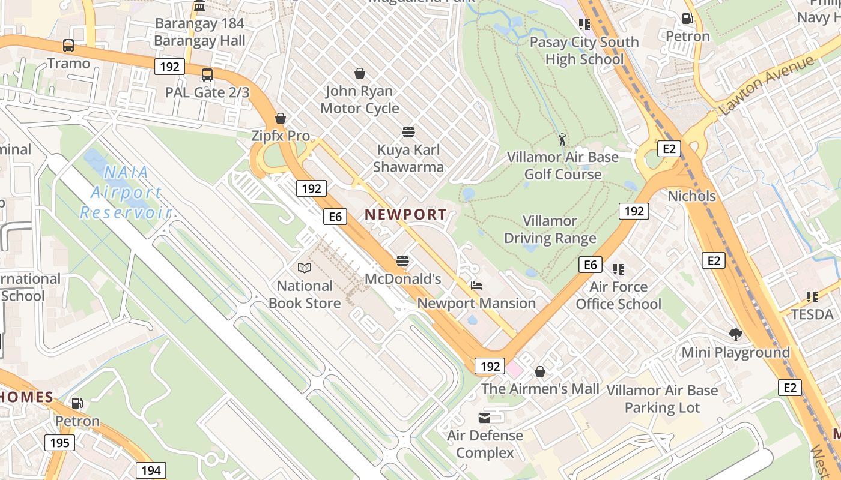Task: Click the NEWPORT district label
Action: tap(405, 214)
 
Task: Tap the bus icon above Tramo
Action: tap(68, 46)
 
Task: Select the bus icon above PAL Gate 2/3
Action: tap(207, 75)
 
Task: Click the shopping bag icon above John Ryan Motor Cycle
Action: tap(360, 73)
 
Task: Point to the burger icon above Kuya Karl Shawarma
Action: tap(408, 132)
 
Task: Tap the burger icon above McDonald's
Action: tap(402, 261)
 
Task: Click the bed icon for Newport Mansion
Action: tap(476, 286)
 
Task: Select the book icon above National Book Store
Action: tap(305, 268)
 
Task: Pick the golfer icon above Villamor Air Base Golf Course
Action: tap(562, 139)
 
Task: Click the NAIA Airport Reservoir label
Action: tap(126, 192)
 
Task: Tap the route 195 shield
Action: tap(59, 443)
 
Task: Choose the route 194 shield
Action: tap(151, 470)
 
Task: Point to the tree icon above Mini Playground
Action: tap(735, 335)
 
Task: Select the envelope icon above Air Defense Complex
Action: tap(485, 418)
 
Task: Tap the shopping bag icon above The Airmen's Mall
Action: tap(540, 371)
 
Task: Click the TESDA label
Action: tap(812, 314)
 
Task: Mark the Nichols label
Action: tap(692, 196)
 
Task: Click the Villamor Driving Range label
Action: tap(550, 229)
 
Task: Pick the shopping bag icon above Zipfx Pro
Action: tap(281, 118)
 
